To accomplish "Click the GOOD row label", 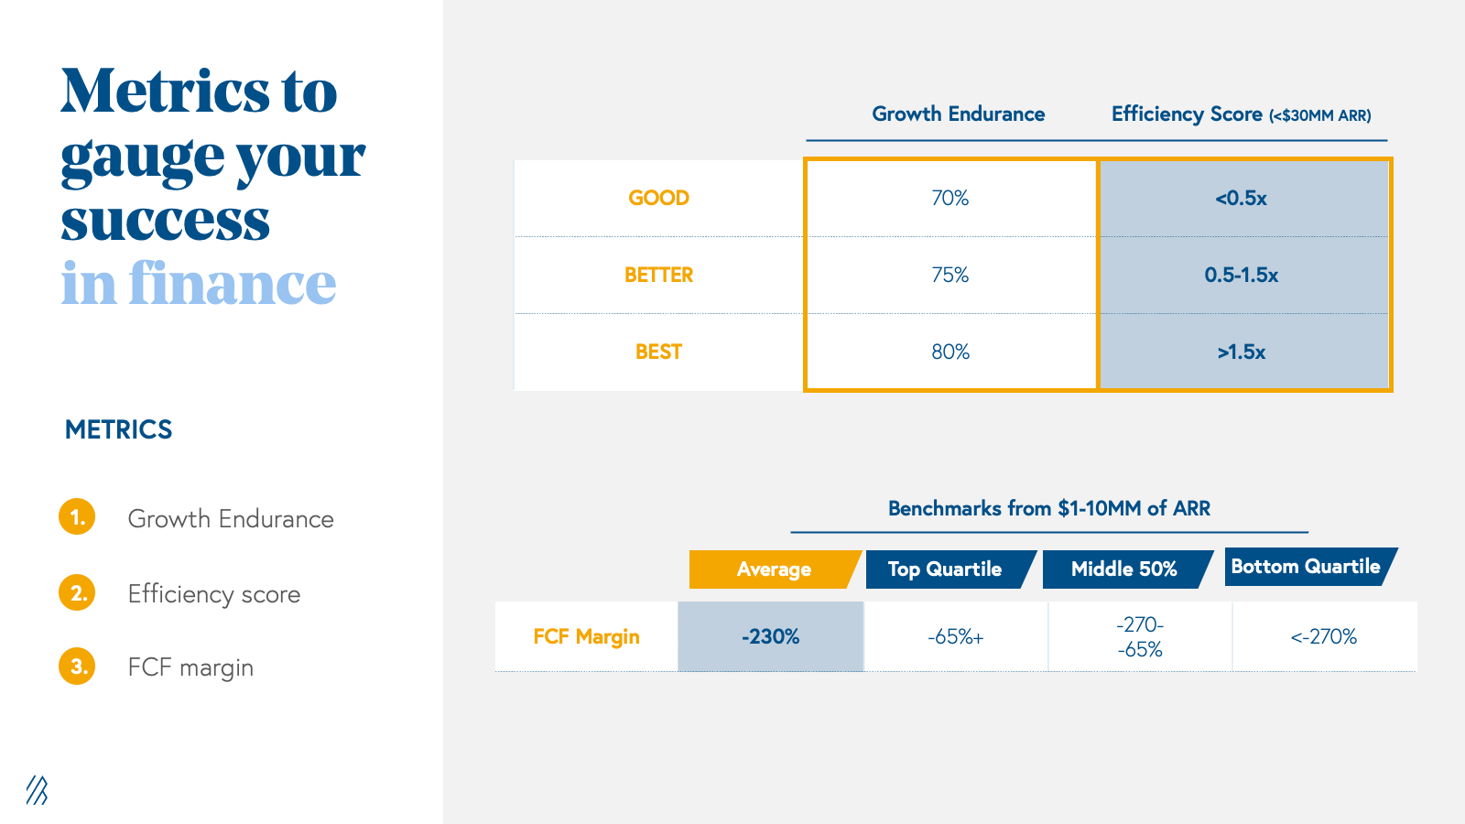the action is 658,198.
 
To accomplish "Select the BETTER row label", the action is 658,275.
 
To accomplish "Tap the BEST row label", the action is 658,352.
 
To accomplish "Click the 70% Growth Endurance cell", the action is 950,198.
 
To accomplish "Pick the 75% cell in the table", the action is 950,275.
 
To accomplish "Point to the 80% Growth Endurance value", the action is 950,352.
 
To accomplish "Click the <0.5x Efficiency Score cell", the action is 1242,198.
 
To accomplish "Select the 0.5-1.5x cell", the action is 1242,275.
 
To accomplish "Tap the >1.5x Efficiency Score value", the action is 1242,352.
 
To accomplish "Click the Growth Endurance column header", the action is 958,114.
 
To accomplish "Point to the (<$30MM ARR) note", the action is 1319,115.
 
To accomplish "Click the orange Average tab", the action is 775,569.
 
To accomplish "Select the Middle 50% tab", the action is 1127,569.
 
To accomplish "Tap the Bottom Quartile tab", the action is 1310,567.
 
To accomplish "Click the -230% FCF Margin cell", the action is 770,636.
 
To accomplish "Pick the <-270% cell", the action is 1324,636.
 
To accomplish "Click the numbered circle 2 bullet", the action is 77,592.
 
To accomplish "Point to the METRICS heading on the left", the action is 118,429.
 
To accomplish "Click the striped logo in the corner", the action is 38,790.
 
